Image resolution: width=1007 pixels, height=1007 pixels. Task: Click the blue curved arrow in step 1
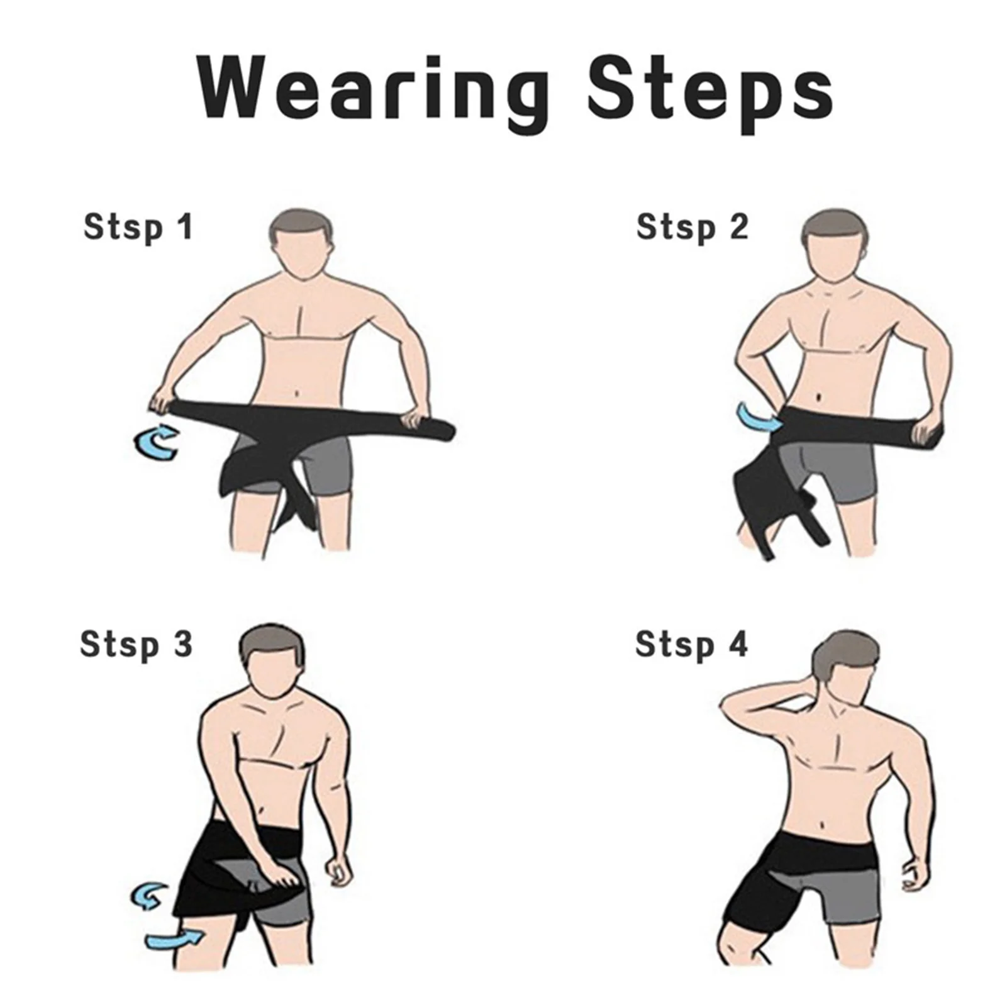[x=157, y=441]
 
